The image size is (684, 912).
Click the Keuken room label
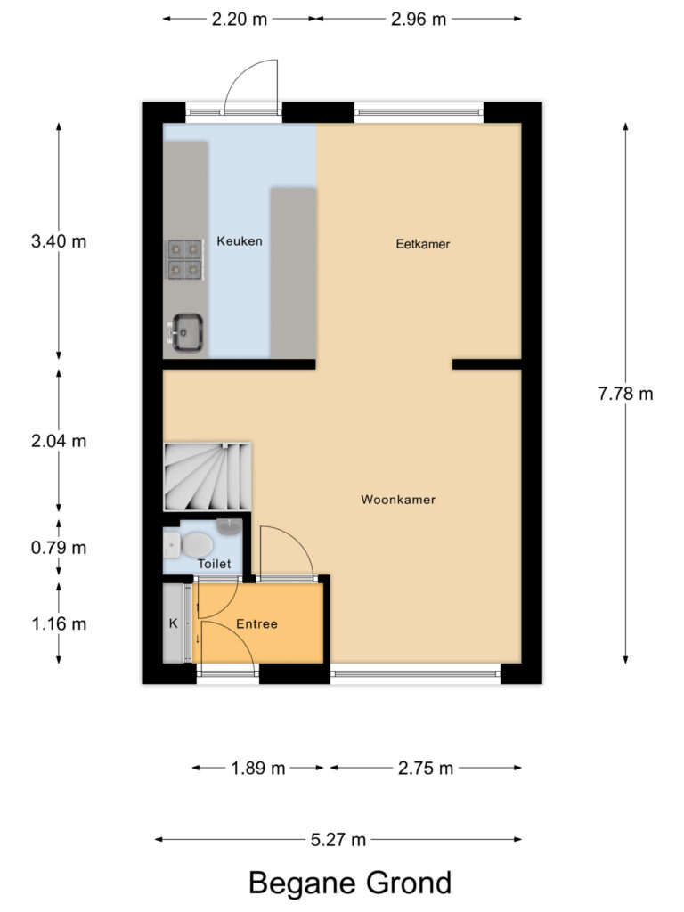click(240, 241)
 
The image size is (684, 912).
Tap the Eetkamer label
click(423, 244)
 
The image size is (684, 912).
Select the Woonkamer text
click(398, 500)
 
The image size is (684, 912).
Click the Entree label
click(256, 624)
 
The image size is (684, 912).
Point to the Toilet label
click(215, 564)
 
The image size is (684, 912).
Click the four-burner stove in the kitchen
click(184, 258)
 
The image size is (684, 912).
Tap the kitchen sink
click(187, 333)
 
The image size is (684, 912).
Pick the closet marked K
click(174, 623)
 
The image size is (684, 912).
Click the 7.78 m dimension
click(625, 393)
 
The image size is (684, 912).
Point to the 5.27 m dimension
click(338, 839)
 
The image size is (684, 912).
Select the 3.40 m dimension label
click(59, 241)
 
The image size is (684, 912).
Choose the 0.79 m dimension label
click(59, 548)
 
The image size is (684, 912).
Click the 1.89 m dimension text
click(258, 768)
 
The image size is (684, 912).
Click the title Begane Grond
click(349, 883)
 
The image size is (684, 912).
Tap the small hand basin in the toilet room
click(229, 525)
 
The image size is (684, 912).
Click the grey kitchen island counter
click(293, 272)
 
